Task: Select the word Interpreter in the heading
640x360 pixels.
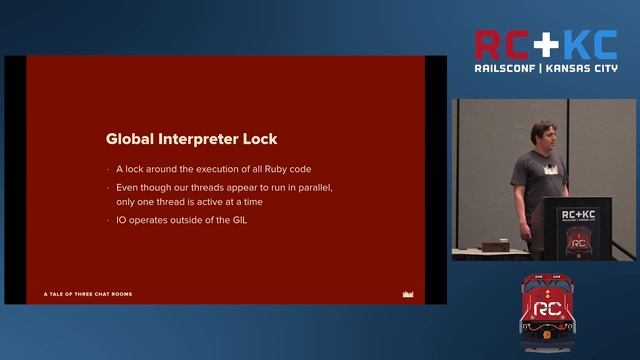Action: pyautogui.click(x=202, y=139)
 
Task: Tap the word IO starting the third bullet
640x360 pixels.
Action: pyautogui.click(x=122, y=219)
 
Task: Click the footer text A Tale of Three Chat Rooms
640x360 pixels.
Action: pyautogui.click(x=88, y=294)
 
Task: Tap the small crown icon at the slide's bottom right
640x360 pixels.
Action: pyautogui.click(x=407, y=294)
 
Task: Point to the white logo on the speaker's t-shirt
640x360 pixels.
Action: pyautogui.click(x=548, y=170)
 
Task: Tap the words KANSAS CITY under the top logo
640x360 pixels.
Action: pyautogui.click(x=581, y=68)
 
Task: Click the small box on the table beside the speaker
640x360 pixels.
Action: pyautogui.click(x=492, y=245)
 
